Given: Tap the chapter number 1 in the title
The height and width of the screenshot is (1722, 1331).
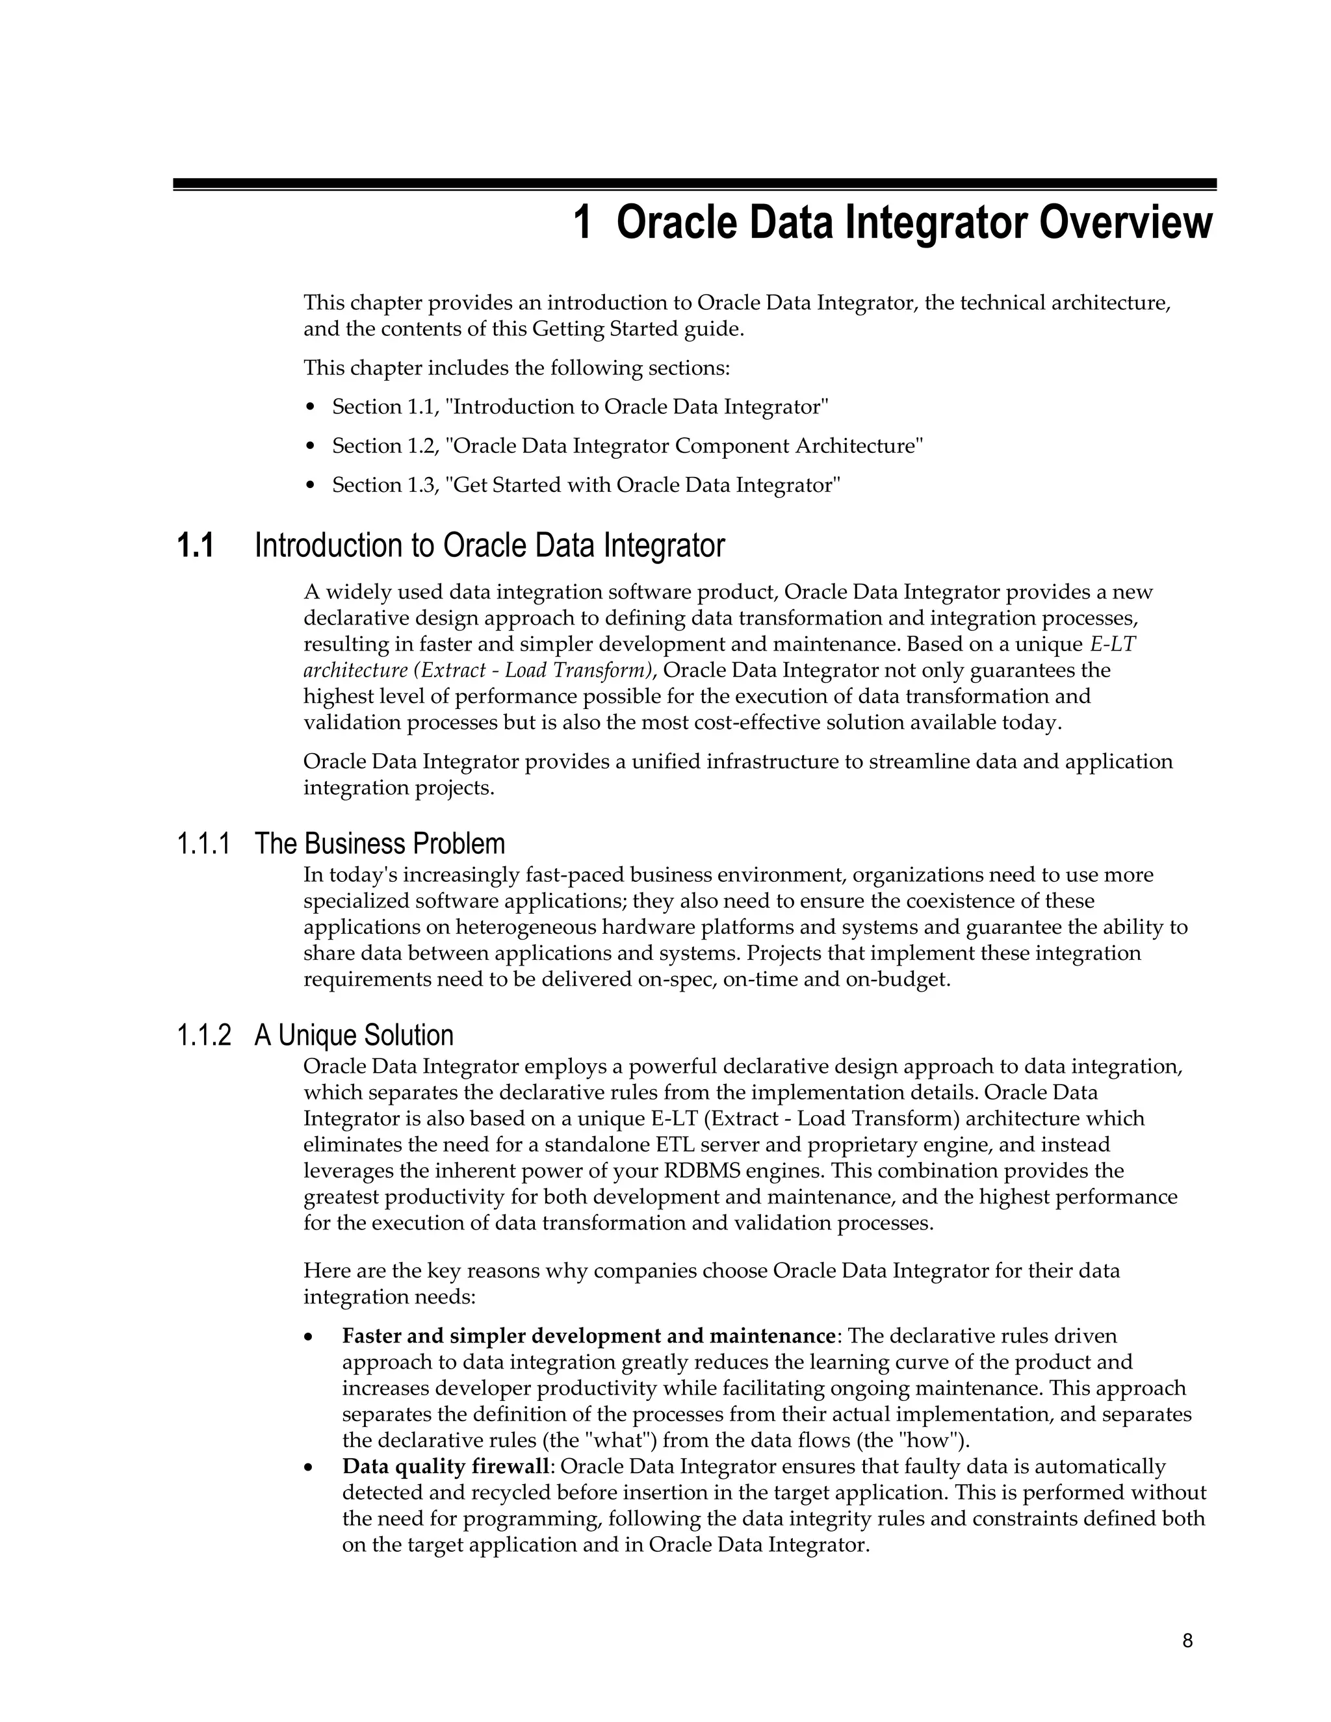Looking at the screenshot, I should tap(582, 223).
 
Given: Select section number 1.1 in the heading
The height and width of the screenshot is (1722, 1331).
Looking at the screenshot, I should tap(195, 546).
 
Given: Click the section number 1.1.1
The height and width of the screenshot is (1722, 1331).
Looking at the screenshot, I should tap(203, 845).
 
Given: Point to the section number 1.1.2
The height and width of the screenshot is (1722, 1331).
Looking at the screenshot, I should tap(204, 1036).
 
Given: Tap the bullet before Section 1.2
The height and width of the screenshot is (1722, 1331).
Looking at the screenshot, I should tap(311, 447).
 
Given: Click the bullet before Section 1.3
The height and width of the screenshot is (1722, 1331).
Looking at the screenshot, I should tap(311, 485).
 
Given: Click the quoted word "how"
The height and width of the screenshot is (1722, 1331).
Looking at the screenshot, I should tap(939, 1441).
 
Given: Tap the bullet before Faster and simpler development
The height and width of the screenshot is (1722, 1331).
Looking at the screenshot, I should tap(309, 1338).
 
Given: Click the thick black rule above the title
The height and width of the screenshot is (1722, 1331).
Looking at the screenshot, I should tap(694, 183).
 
